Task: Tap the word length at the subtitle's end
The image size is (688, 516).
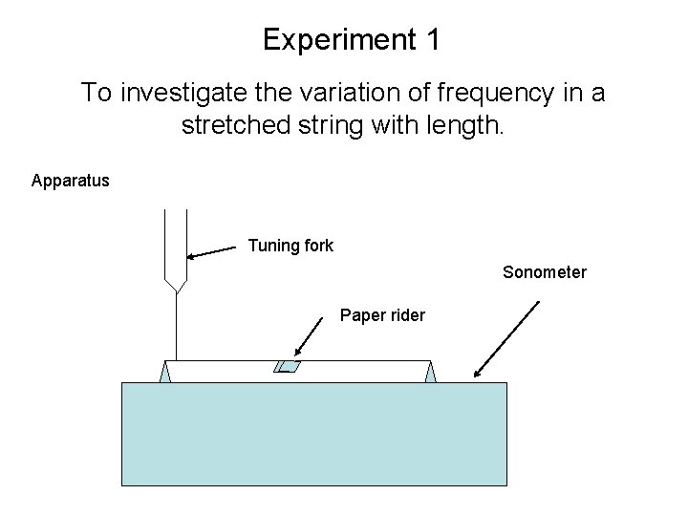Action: (x=466, y=125)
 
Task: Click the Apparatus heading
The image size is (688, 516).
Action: (x=71, y=180)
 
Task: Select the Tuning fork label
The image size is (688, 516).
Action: (x=290, y=246)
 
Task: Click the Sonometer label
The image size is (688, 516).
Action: (x=545, y=272)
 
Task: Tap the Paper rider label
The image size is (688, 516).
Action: (x=382, y=315)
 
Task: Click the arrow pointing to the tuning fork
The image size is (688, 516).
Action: (x=212, y=252)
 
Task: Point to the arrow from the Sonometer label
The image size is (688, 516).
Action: (x=506, y=339)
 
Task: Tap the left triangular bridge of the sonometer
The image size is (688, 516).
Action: (x=165, y=373)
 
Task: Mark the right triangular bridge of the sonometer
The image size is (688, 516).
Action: (x=431, y=373)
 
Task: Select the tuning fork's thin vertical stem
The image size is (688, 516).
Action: (x=177, y=325)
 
